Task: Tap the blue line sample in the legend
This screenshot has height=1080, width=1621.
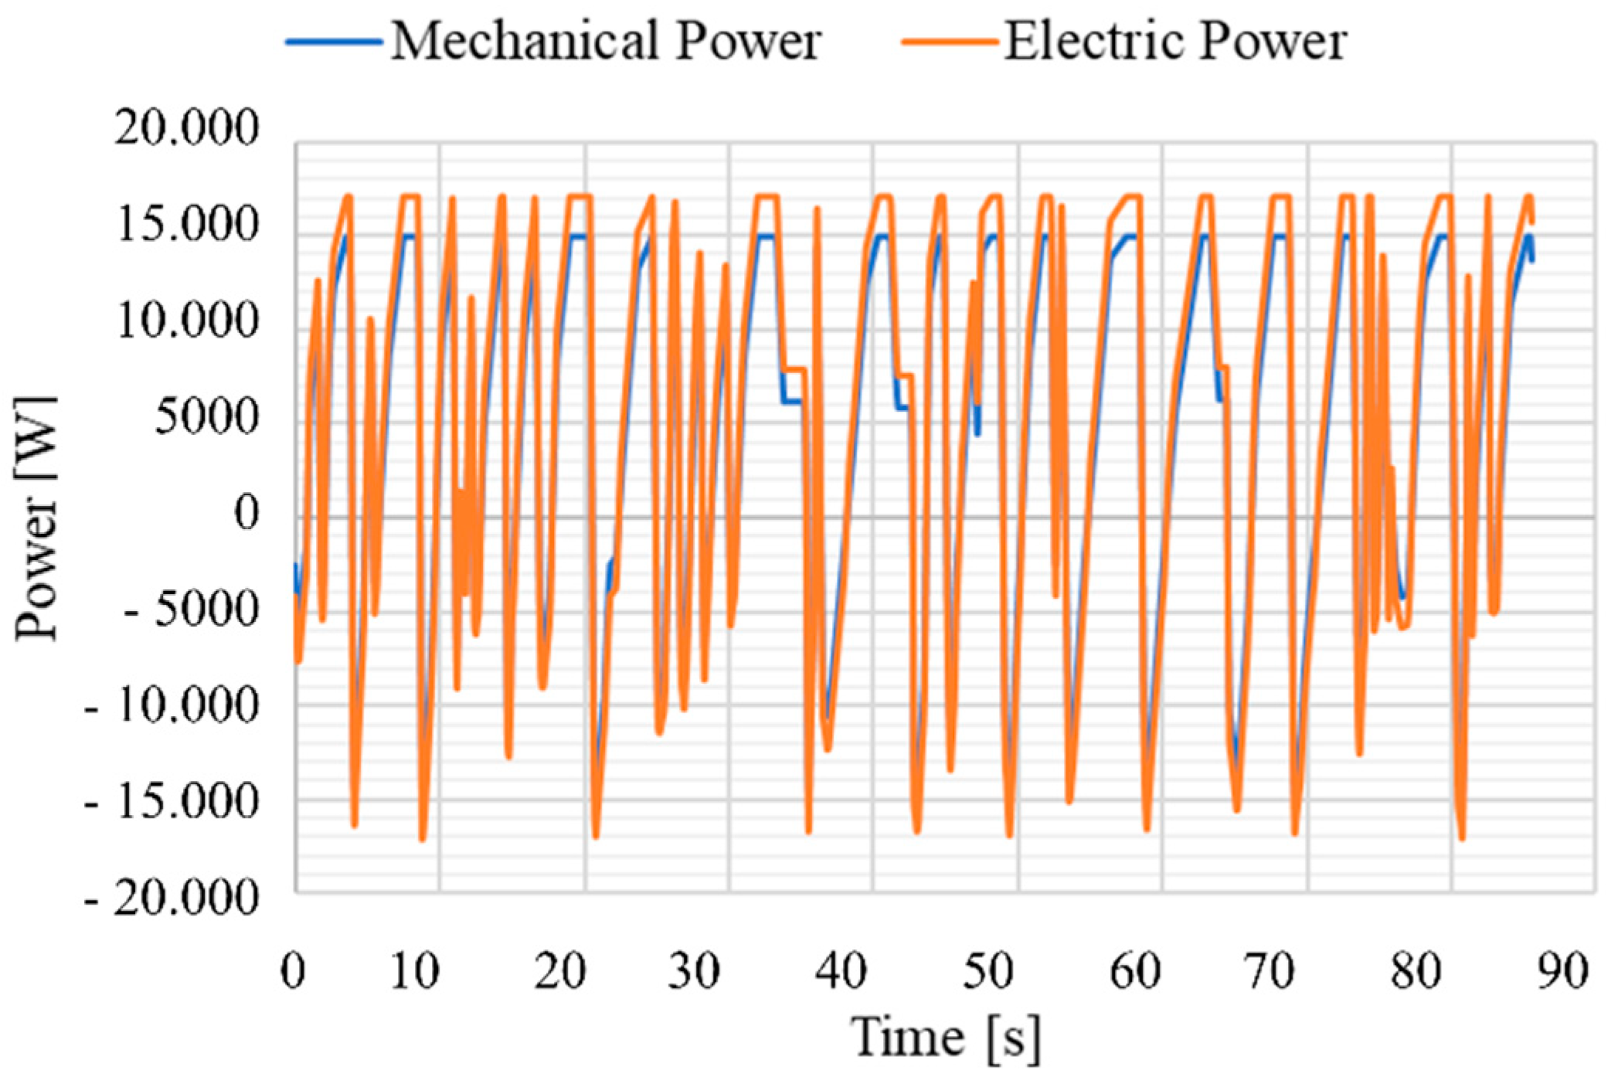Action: click(x=334, y=41)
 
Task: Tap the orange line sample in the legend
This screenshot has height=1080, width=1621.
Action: click(x=950, y=41)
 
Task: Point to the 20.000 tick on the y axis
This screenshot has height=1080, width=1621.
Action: click(x=186, y=127)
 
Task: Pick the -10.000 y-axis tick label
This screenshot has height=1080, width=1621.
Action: click(x=172, y=705)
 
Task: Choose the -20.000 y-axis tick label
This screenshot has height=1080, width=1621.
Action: click(x=172, y=898)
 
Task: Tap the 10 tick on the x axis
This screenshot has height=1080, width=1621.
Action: click(x=415, y=971)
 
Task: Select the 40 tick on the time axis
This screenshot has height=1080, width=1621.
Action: click(x=841, y=971)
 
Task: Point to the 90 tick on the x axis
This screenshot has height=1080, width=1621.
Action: click(x=1562, y=971)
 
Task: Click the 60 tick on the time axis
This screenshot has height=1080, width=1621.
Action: click(x=1135, y=971)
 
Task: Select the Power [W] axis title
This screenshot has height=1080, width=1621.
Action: click(x=36, y=518)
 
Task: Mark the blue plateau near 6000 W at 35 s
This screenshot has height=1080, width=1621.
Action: click(x=791, y=402)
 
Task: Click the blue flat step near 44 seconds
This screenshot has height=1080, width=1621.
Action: click(x=902, y=408)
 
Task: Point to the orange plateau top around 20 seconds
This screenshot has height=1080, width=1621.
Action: click(x=580, y=196)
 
